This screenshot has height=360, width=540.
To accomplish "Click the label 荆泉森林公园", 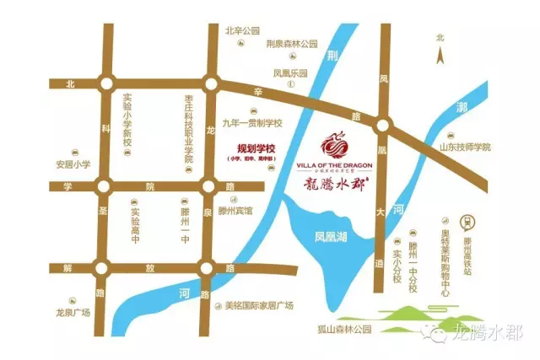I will tap(291, 44).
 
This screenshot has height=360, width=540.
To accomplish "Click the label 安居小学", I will tap(73, 164).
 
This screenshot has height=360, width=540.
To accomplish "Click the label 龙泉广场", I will tap(73, 311).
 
